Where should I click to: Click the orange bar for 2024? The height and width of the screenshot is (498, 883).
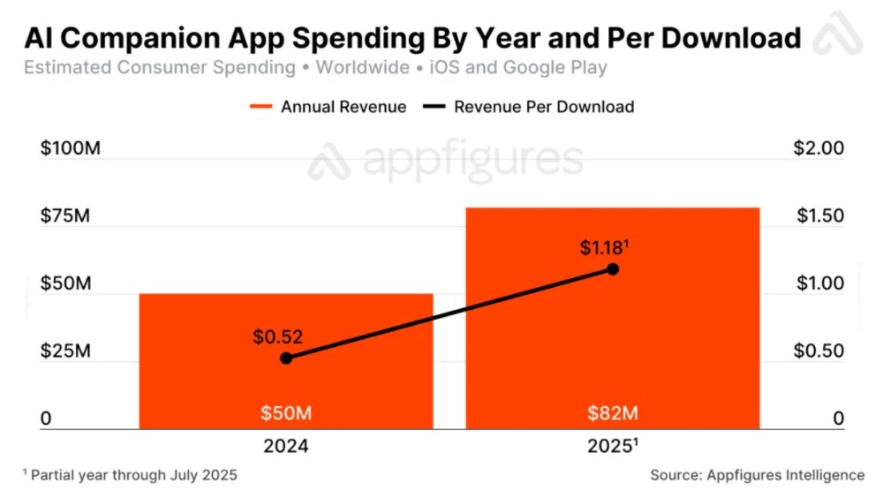(x=286, y=371)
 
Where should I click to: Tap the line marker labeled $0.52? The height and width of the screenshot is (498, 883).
(x=286, y=358)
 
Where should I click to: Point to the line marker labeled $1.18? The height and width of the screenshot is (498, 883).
(x=613, y=268)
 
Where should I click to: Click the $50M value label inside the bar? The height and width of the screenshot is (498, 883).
(x=286, y=413)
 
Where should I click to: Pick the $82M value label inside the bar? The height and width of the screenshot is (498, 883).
(x=613, y=413)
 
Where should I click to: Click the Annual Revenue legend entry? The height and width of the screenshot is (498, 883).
(x=328, y=107)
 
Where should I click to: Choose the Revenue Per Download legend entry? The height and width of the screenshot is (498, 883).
(x=530, y=107)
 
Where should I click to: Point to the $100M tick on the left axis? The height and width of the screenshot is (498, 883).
(x=71, y=147)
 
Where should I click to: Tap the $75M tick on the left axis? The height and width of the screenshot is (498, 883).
(x=66, y=215)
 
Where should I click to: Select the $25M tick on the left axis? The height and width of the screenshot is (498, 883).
(x=66, y=351)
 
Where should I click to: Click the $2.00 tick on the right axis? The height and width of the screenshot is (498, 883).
(x=819, y=147)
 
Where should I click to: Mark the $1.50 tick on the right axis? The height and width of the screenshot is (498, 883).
(x=819, y=215)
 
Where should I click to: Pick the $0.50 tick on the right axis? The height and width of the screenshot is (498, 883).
(x=819, y=351)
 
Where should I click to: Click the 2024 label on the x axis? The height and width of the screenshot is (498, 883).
(x=286, y=446)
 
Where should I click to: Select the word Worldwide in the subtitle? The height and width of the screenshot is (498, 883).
(x=362, y=67)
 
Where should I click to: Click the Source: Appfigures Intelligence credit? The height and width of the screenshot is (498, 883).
(x=758, y=475)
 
